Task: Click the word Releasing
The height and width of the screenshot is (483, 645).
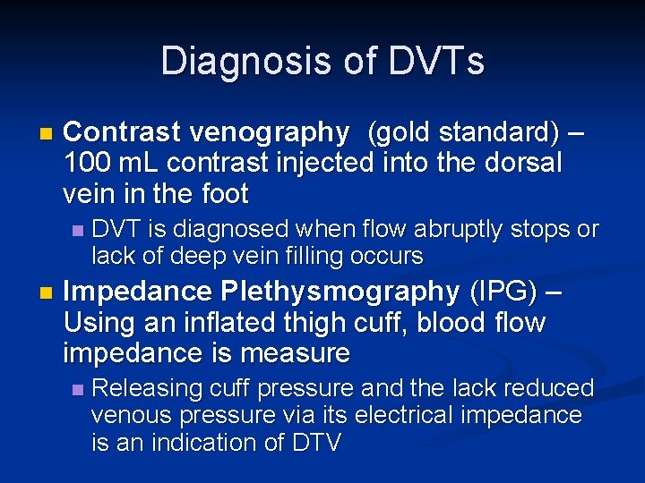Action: pyautogui.click(x=147, y=388)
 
